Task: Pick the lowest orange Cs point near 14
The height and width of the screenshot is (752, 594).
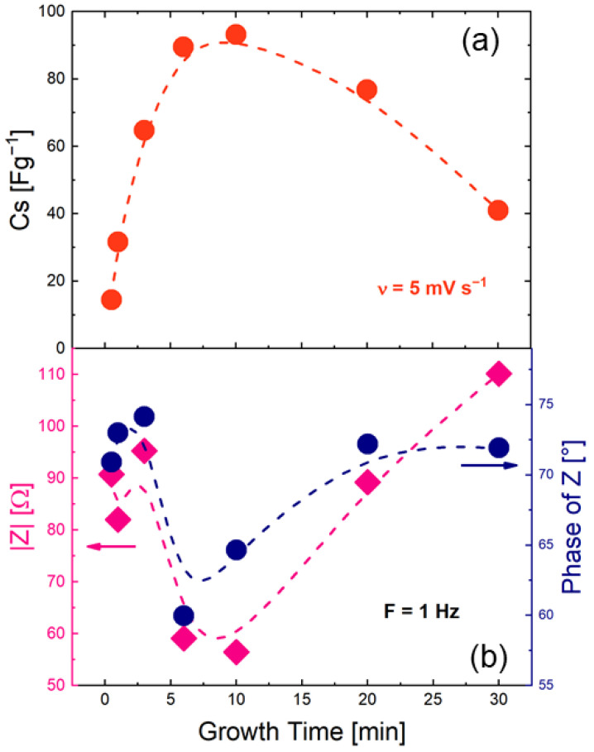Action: (111, 299)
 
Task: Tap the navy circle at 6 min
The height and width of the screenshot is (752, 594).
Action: (184, 615)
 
